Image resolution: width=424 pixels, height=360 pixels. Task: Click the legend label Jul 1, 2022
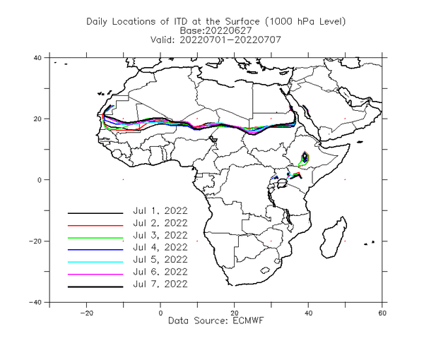click(x=160, y=211)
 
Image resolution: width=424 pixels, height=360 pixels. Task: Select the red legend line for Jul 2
click(x=95, y=225)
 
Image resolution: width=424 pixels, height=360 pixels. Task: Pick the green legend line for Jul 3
click(x=95, y=238)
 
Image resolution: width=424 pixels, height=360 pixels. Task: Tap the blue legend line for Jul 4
click(x=95, y=250)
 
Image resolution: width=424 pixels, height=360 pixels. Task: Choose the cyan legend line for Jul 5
click(x=95, y=262)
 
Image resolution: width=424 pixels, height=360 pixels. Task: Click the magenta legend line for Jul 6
click(x=95, y=275)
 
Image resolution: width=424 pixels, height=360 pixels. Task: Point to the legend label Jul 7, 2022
click(x=160, y=284)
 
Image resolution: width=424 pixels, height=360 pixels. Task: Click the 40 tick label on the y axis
click(x=37, y=57)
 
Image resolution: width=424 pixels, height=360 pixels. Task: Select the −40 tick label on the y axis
click(x=35, y=302)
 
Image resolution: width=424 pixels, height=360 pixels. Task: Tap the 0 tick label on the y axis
click(x=40, y=180)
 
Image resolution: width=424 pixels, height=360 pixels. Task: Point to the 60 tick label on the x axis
click(x=382, y=313)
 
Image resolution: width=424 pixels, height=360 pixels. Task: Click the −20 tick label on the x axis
click(x=86, y=313)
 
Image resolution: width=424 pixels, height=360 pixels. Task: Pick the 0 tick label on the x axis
click(x=160, y=313)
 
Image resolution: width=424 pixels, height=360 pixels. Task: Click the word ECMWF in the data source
click(x=248, y=320)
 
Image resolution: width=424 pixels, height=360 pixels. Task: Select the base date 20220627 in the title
click(x=229, y=30)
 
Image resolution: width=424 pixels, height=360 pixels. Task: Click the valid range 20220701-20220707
click(x=230, y=40)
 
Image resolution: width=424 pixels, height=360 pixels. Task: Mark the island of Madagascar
click(x=334, y=237)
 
